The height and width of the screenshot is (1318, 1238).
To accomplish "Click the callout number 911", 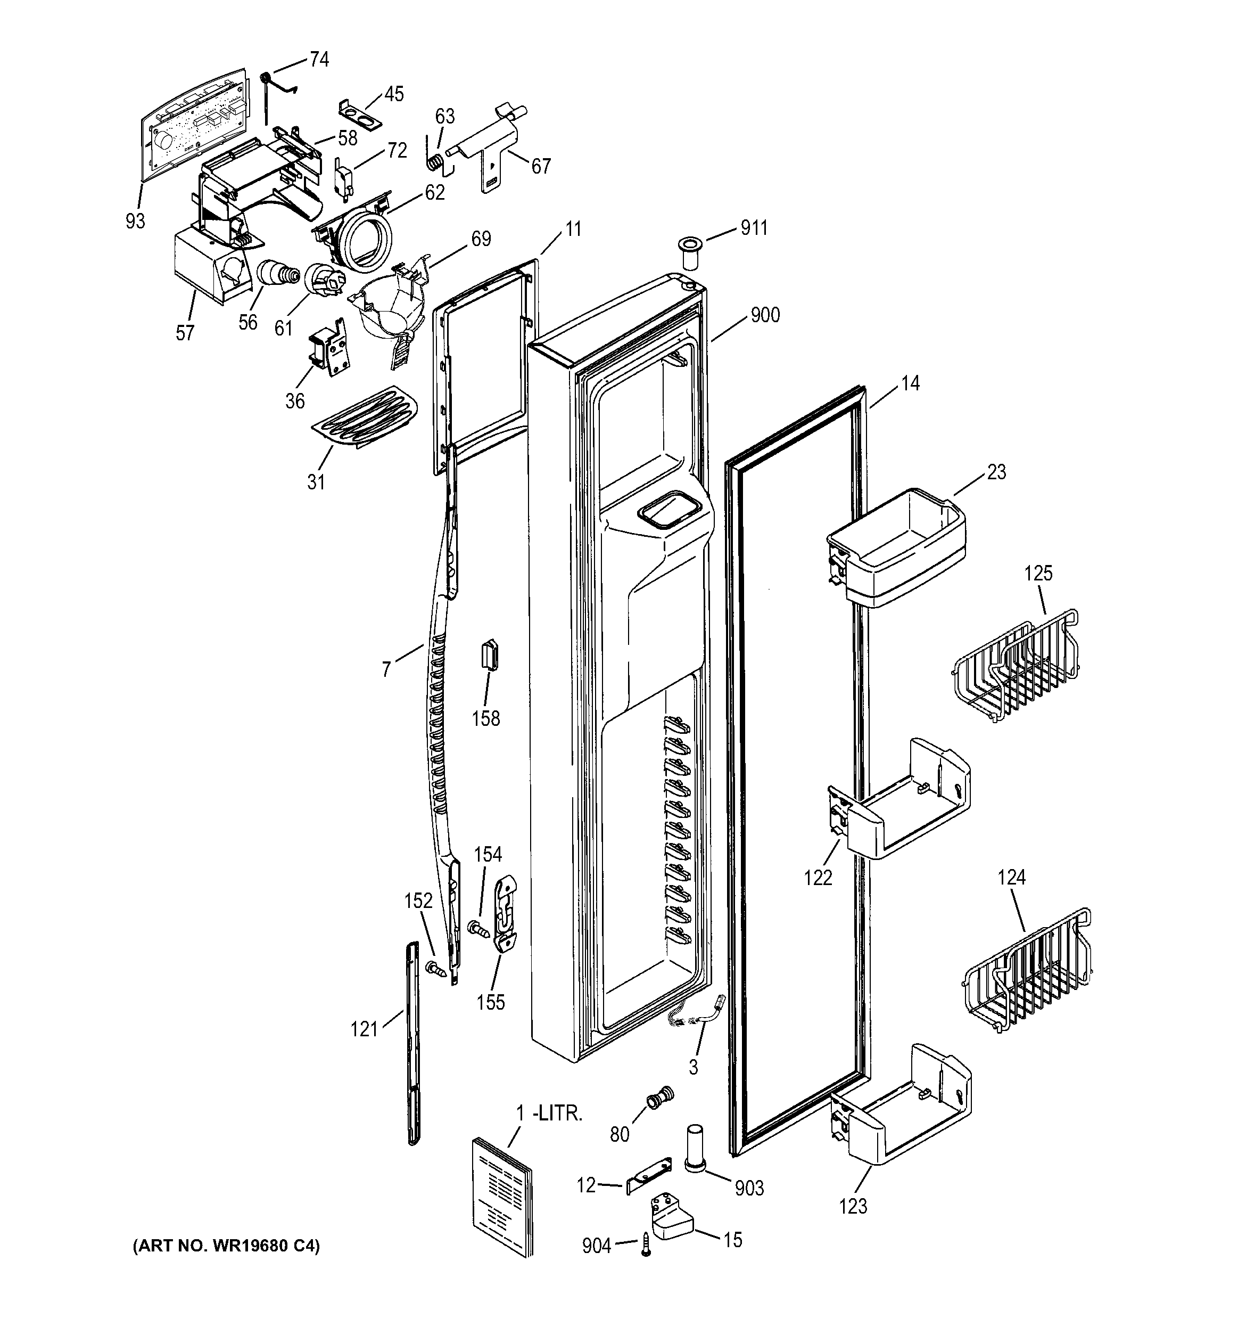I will (x=754, y=228).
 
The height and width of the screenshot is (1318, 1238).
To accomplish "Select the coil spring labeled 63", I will (x=435, y=161).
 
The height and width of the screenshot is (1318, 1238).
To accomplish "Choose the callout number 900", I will (x=765, y=315).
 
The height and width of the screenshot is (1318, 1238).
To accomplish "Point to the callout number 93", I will (x=135, y=221).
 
